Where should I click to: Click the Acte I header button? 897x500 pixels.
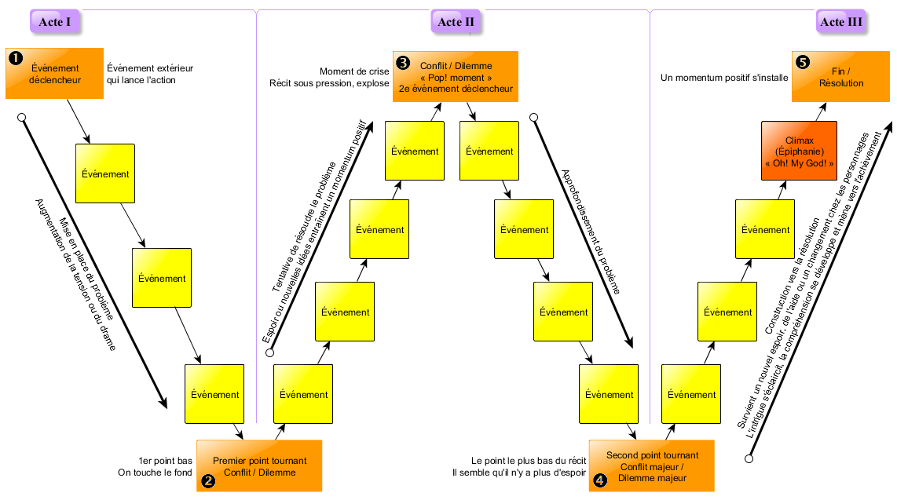point(55,22)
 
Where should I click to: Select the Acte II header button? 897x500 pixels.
point(456,22)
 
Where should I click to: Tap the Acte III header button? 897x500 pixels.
point(841,22)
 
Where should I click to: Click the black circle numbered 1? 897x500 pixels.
point(15,57)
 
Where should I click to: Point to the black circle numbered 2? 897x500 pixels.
point(208,481)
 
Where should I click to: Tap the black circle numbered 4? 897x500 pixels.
point(600,481)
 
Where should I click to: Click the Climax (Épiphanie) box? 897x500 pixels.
point(799,151)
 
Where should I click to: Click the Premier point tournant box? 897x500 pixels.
point(259,466)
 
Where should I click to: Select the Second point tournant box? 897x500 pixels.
point(652,466)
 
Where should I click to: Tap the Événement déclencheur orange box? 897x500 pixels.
point(55,74)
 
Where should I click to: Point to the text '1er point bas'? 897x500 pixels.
point(165,461)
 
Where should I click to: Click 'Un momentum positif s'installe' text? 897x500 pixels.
point(723,78)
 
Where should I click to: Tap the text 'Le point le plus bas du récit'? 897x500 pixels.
point(529,461)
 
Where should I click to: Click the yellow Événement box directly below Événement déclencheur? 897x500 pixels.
point(105,173)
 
